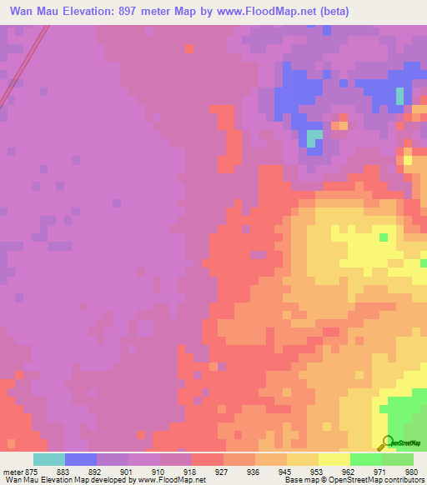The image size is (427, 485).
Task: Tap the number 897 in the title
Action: point(146,12)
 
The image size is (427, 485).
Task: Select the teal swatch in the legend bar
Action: point(49,459)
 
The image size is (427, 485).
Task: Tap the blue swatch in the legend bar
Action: point(81,459)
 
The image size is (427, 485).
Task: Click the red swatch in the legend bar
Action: point(208,459)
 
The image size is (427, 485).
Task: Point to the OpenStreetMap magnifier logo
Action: point(386,442)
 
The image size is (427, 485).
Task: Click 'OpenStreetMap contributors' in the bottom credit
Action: point(381,480)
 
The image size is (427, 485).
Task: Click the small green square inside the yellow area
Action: point(384,237)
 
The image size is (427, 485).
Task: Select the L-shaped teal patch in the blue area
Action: point(314,139)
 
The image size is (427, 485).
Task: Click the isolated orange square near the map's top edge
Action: point(189,48)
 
